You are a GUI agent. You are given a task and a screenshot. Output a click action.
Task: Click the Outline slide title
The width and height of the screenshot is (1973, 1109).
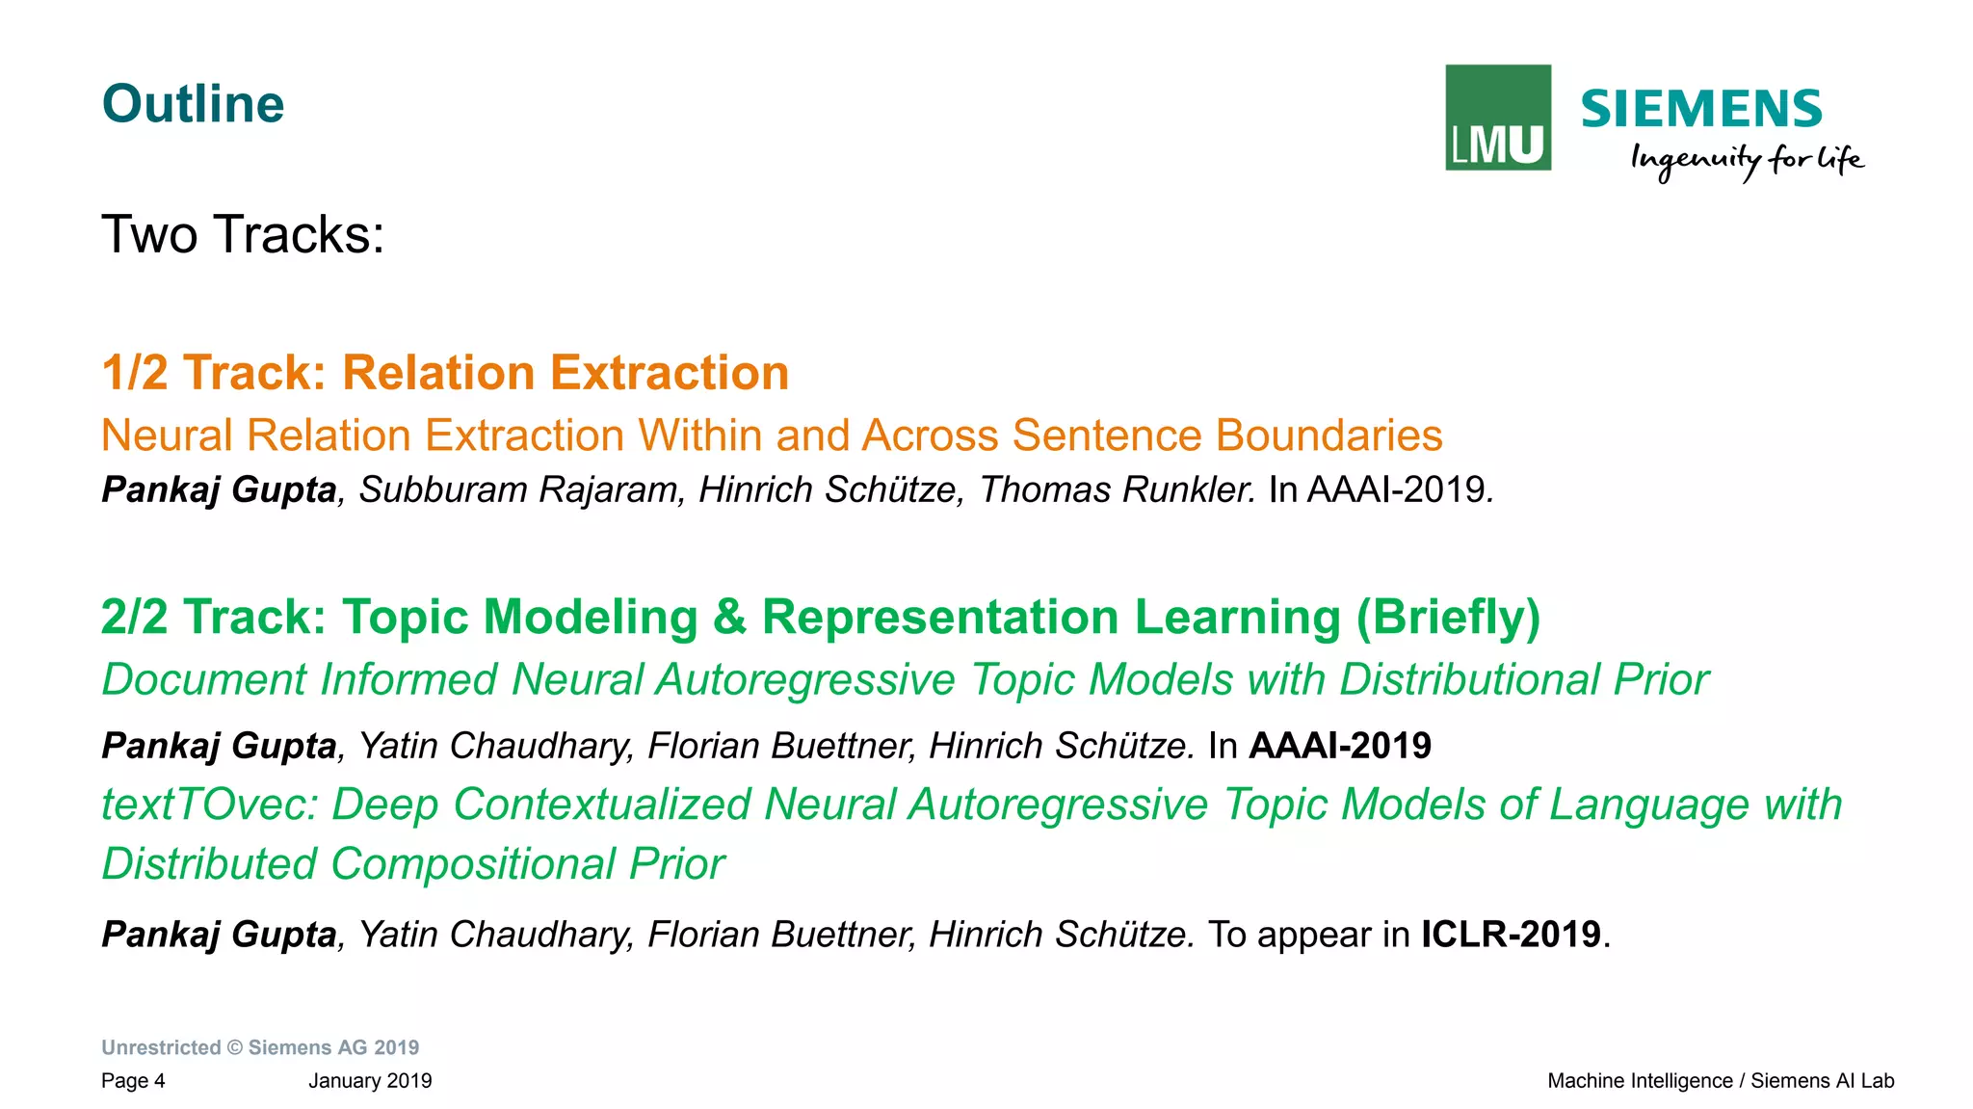coord(193,104)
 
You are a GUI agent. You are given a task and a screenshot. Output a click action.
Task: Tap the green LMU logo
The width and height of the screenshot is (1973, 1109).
coord(1497,118)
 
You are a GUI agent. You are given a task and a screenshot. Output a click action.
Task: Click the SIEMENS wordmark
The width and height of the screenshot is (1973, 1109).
coord(1701,109)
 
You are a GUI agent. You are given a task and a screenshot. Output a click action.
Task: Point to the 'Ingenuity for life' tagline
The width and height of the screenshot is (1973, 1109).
coord(1747,159)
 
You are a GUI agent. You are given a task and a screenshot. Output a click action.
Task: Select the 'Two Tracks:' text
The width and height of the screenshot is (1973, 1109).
coord(243,234)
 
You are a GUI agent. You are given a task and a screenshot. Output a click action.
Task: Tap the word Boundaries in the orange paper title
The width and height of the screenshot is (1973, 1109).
coord(1328,436)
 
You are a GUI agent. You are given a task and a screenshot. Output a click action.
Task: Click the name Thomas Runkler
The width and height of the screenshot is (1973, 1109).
coord(1118,489)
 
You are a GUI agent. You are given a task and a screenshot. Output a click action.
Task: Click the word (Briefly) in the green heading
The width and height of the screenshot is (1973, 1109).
coord(1448,618)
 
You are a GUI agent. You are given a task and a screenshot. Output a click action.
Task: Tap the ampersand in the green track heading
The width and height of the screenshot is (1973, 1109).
coord(729,618)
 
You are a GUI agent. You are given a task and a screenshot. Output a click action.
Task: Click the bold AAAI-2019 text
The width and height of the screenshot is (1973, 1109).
coord(1339,746)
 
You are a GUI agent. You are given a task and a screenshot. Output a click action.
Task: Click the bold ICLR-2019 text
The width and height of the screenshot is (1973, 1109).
coord(1511,935)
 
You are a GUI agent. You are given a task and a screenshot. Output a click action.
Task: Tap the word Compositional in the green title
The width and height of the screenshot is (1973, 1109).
coord(473,864)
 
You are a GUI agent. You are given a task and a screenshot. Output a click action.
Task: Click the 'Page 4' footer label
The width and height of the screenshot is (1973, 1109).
coord(133,1081)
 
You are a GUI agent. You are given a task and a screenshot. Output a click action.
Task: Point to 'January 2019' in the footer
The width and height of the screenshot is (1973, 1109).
coord(370,1081)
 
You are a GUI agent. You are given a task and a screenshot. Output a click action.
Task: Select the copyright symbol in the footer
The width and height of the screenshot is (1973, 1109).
coord(235,1047)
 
